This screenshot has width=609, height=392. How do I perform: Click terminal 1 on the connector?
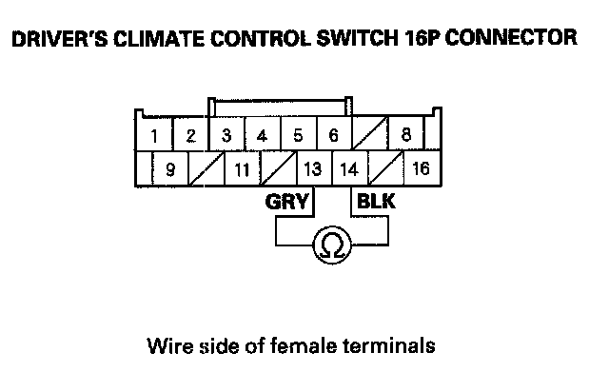point(155,136)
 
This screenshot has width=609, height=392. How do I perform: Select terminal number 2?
point(190,136)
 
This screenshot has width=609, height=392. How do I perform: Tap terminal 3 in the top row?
point(226,135)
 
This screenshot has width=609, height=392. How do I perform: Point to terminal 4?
point(262,135)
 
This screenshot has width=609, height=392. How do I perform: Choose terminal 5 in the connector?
point(298,135)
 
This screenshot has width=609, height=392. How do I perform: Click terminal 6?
point(333,135)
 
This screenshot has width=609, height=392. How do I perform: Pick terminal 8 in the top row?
point(405,135)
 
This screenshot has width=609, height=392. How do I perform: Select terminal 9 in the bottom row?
point(170,171)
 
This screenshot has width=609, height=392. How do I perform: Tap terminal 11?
point(242,171)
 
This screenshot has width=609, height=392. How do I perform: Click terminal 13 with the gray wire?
point(311,171)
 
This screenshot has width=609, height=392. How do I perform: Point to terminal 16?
point(419,171)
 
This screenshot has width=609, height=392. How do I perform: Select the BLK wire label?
point(374,202)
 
